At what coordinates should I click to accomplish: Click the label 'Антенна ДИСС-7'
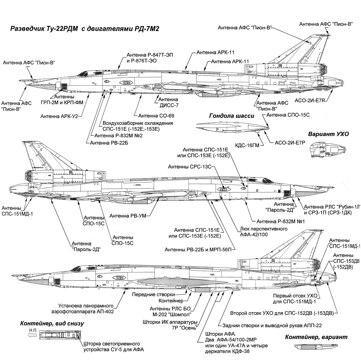(168, 102)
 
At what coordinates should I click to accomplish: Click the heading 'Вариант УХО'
(329, 134)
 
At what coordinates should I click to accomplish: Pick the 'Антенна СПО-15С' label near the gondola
(288, 115)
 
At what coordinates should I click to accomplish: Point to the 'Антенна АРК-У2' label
(59, 116)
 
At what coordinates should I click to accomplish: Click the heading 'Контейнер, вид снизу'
(52, 324)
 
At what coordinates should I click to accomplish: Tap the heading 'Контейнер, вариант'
(316, 337)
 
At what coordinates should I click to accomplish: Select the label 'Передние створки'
(153, 294)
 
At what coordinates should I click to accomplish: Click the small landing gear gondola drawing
(232, 127)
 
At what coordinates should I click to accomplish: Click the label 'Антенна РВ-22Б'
(109, 143)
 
